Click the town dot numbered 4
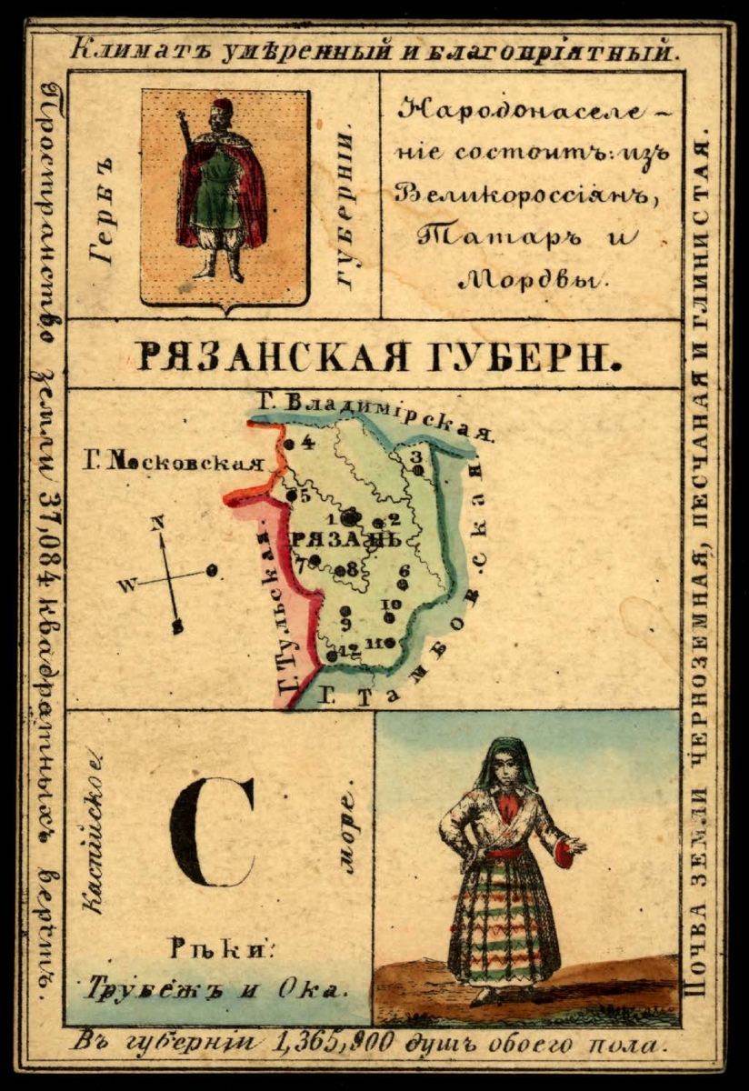pos(289,445)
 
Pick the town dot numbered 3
pos(417,470)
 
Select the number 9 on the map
pos(345,624)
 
